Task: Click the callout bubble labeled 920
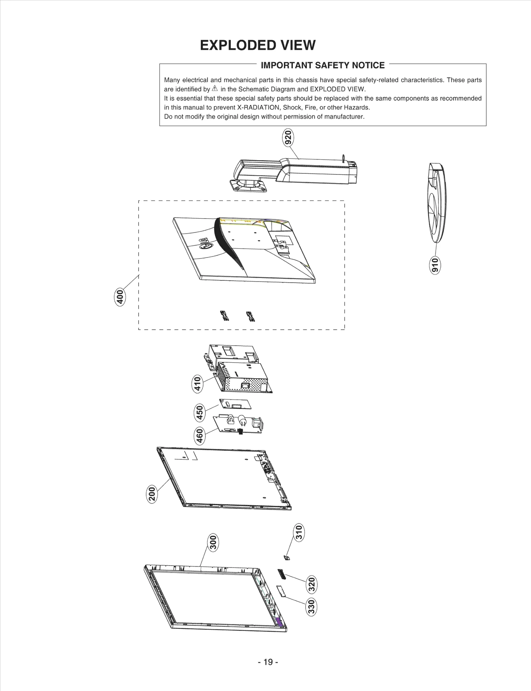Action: (x=288, y=137)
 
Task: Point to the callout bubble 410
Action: (x=198, y=384)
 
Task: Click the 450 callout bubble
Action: (x=199, y=413)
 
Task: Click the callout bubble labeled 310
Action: (x=299, y=532)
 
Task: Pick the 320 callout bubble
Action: (x=312, y=585)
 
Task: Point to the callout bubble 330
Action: (x=311, y=607)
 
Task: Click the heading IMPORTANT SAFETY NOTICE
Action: (x=323, y=65)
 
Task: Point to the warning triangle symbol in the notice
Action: (x=215, y=89)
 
